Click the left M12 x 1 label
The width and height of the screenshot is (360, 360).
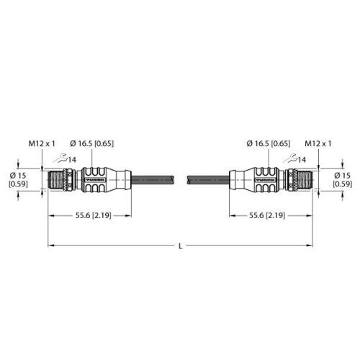point(42,143)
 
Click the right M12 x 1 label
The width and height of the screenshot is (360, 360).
point(318,143)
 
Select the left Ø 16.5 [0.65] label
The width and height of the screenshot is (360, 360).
point(92,143)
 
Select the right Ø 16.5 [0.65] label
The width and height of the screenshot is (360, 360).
point(269,143)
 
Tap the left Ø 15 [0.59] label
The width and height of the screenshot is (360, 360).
point(18,179)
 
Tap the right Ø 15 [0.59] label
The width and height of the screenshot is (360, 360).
point(343,179)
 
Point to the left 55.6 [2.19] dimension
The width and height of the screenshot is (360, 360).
point(94,215)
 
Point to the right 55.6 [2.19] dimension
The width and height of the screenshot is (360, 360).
point(267,215)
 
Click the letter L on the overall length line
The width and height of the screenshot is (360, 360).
point(181,246)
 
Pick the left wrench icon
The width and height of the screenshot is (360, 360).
point(60,158)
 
